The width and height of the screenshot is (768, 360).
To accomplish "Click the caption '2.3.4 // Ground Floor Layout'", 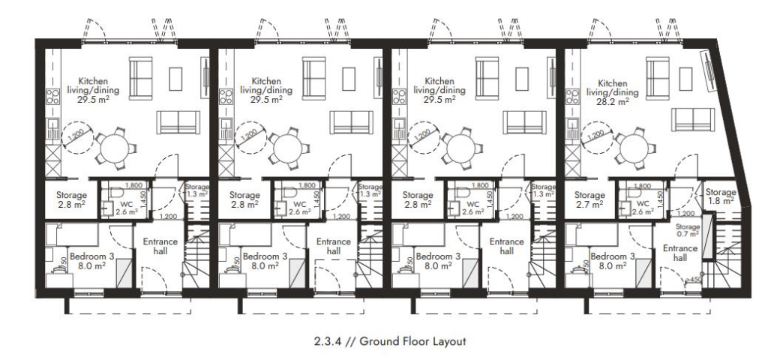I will click(x=391, y=341).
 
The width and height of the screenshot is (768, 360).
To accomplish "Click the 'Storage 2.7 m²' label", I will click(x=589, y=199).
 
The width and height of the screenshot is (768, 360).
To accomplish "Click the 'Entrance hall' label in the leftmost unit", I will click(x=159, y=247).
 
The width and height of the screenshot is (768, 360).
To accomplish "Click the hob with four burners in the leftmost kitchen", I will click(x=52, y=96).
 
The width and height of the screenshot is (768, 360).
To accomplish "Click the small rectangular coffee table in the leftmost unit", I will click(x=177, y=79).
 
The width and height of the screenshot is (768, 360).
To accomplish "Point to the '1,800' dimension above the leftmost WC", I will click(x=134, y=185).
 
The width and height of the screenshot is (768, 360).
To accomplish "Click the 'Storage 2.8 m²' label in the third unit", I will click(x=415, y=199).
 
